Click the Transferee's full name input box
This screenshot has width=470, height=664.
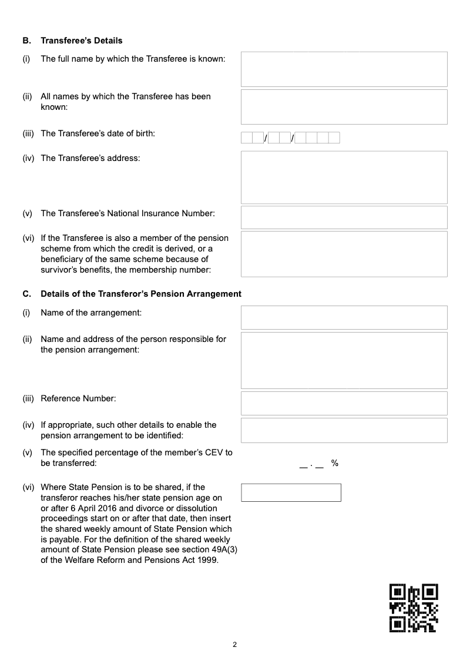click(344, 69)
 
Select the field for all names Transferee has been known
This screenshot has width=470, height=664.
click(344, 106)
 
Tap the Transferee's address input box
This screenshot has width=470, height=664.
click(344, 177)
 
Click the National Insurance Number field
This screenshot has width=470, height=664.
click(344, 217)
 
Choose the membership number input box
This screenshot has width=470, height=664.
click(344, 253)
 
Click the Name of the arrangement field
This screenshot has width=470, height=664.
click(344, 317)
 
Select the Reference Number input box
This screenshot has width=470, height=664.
click(344, 403)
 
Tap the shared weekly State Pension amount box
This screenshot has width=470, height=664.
click(291, 492)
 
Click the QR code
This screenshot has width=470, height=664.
click(414, 608)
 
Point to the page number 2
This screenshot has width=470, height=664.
click(235, 645)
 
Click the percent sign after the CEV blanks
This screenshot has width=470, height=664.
click(335, 463)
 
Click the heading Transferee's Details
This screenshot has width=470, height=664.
click(82, 41)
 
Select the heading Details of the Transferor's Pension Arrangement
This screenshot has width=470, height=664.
click(141, 294)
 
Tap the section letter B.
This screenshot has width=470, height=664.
click(26, 41)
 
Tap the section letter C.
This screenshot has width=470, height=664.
click(26, 294)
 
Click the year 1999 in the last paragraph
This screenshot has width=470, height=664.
click(208, 560)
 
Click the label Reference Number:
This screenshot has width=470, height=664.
click(78, 398)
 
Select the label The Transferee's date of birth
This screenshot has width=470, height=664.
click(98, 133)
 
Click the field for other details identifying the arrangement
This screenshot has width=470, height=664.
click(344, 430)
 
